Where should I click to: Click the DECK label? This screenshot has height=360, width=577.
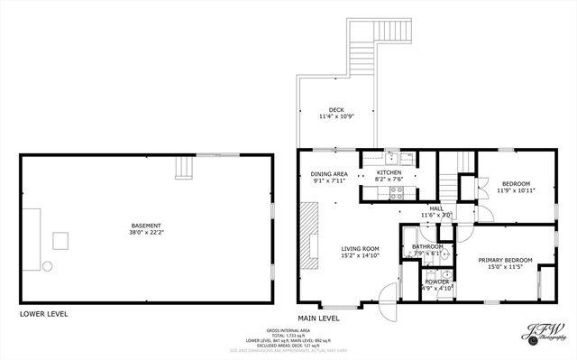click(x=336, y=110)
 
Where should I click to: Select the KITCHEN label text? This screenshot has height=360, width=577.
click(x=389, y=172)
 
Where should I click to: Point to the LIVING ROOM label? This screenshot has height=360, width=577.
click(x=359, y=248)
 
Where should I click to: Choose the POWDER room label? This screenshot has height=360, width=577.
click(x=436, y=282)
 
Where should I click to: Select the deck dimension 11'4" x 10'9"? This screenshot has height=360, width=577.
click(x=336, y=117)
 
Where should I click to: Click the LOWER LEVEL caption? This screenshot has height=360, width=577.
click(x=43, y=314)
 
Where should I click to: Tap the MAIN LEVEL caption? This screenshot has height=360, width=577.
click(x=318, y=318)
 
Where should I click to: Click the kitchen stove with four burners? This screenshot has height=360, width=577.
click(x=407, y=158)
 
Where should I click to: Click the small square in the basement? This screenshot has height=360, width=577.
click(x=61, y=240)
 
